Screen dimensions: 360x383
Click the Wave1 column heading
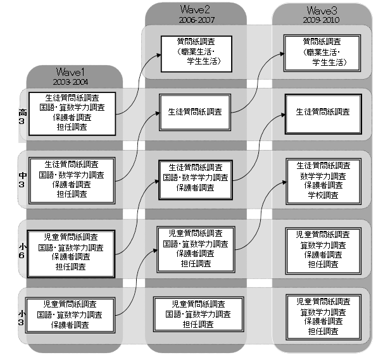click(x=75, y=71)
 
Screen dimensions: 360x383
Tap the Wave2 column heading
click(x=196, y=11)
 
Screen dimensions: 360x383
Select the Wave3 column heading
click(x=322, y=11)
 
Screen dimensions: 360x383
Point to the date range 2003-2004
click(x=75, y=82)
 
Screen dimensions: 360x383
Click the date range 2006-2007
click(x=196, y=20)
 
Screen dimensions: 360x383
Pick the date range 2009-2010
click(x=322, y=20)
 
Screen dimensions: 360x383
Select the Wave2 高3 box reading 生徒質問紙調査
click(x=196, y=111)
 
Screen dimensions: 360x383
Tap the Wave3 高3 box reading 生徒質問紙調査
click(x=322, y=111)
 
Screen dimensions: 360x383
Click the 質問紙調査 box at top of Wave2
click(x=196, y=51)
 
